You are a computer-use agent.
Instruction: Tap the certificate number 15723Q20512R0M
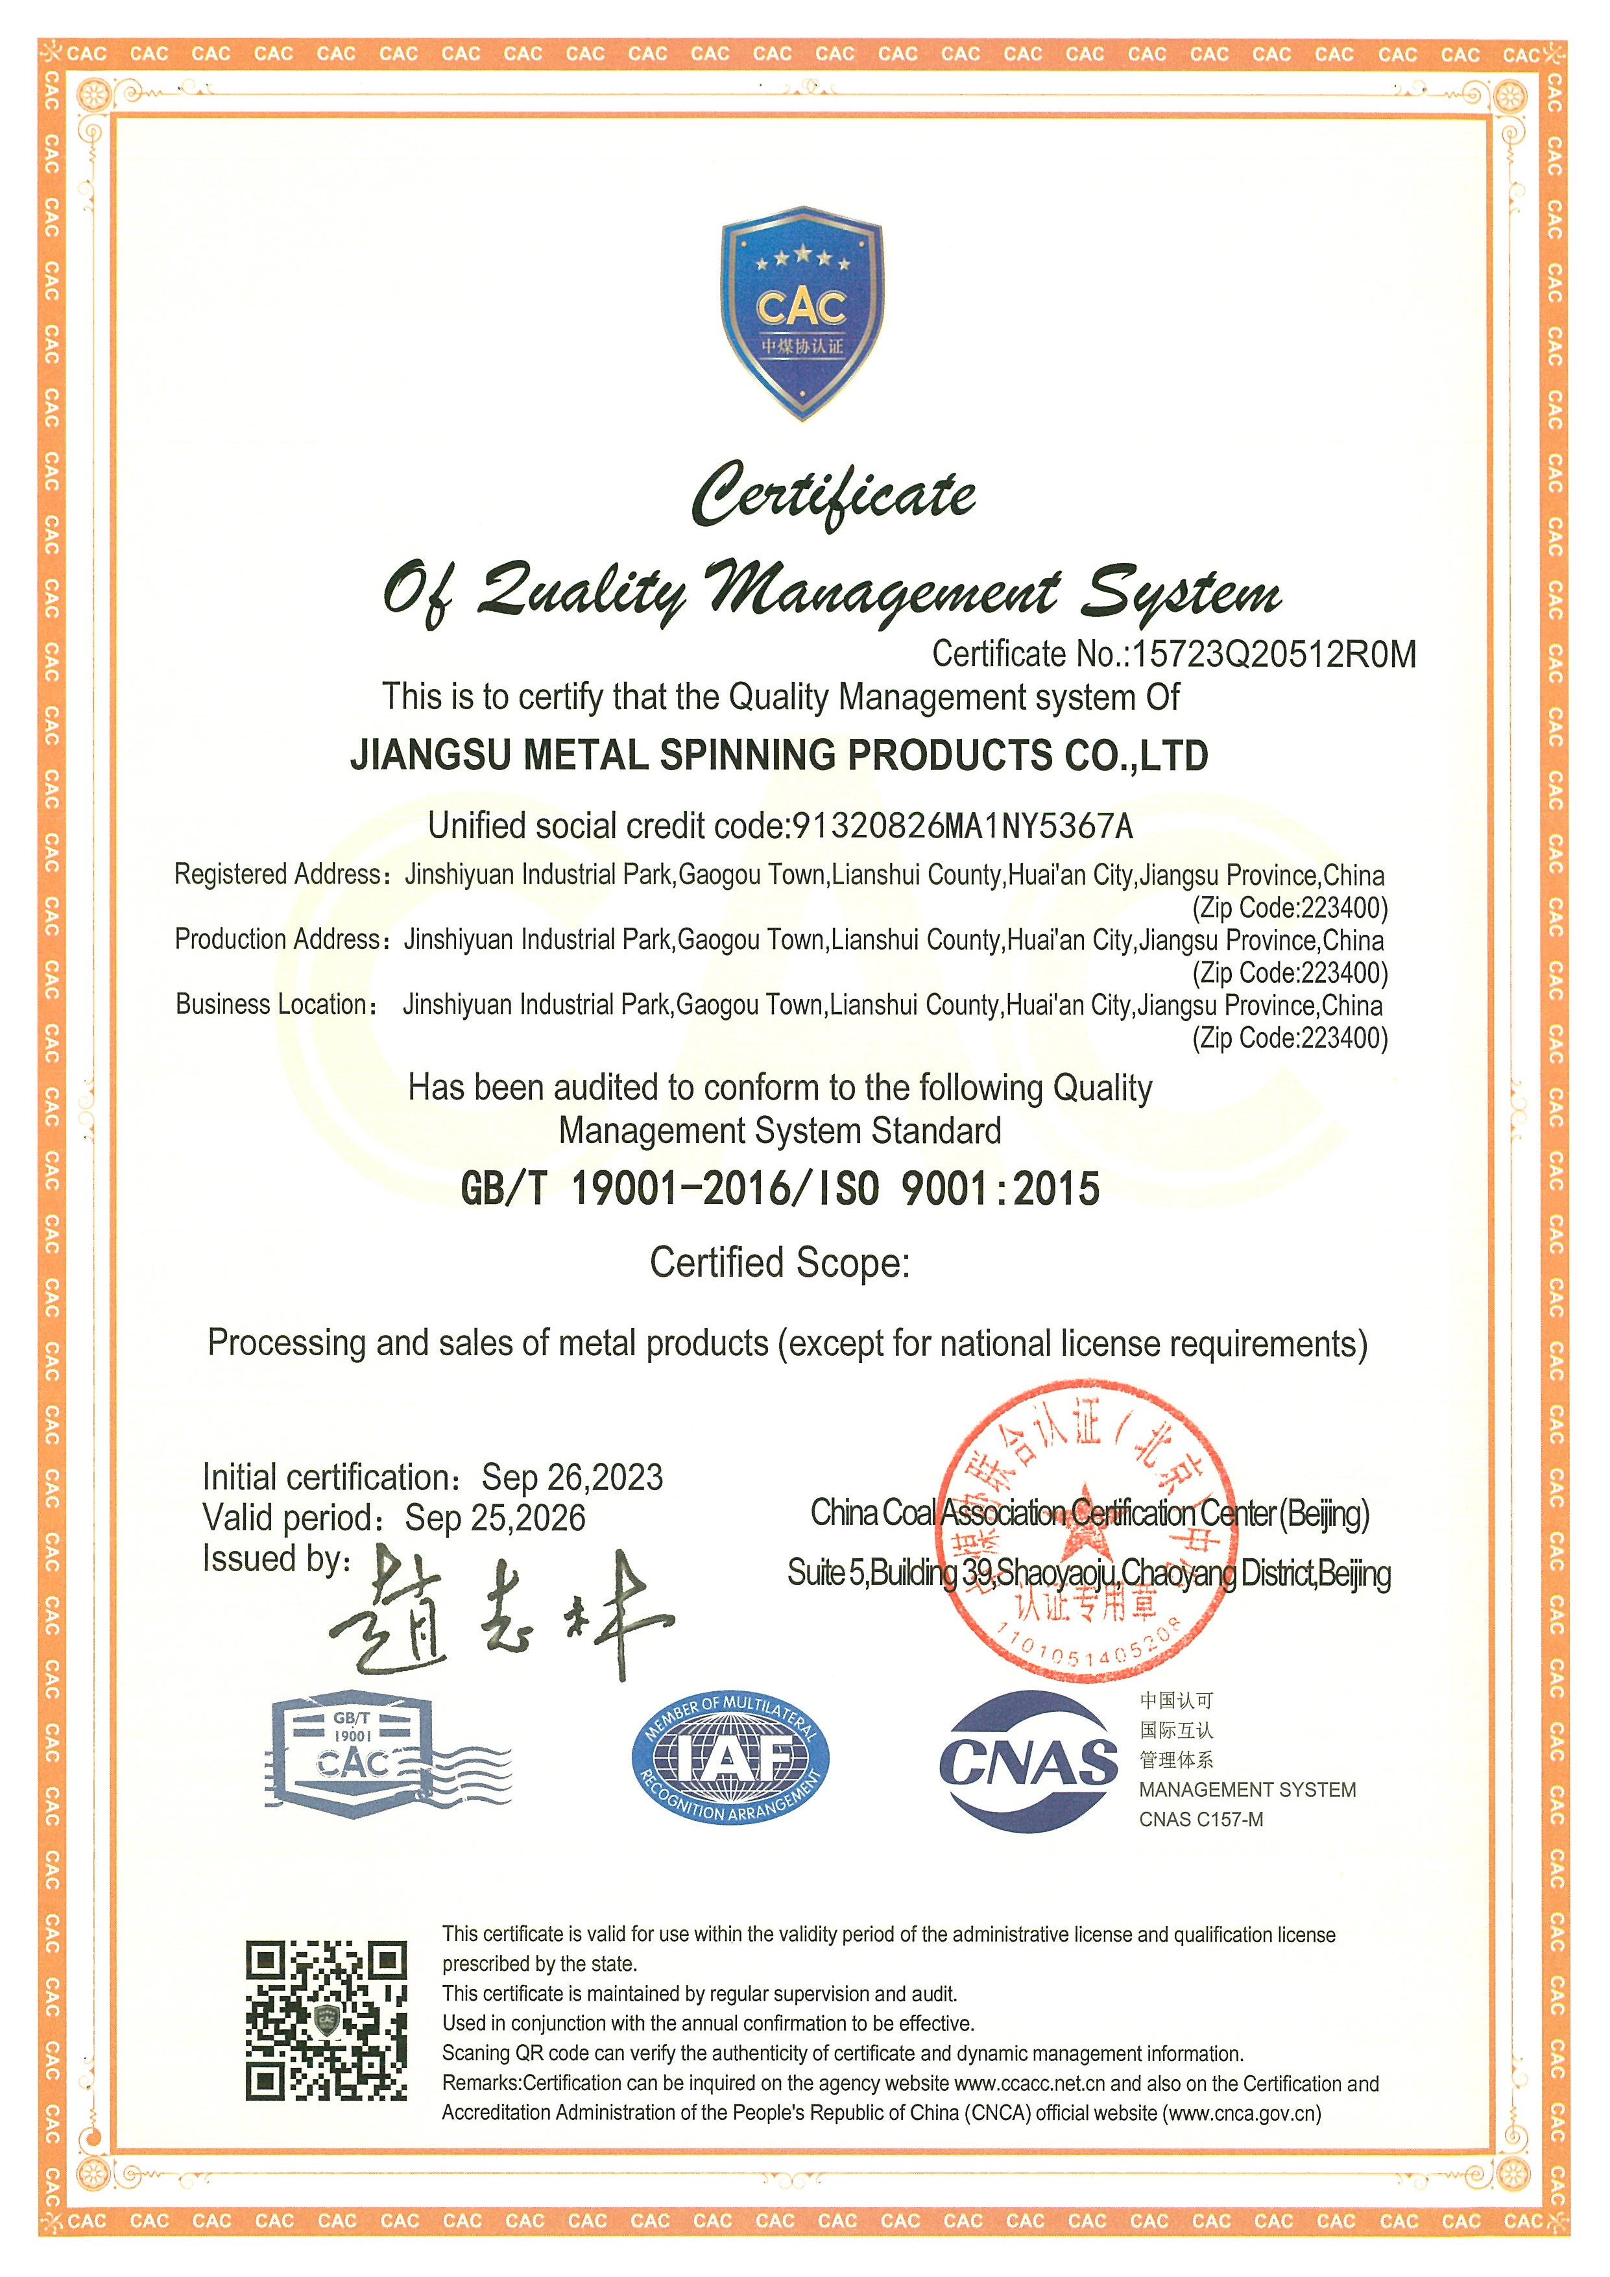1274,655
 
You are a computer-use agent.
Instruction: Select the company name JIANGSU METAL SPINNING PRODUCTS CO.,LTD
779,756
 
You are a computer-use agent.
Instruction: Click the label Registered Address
278,874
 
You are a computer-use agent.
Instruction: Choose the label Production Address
278,939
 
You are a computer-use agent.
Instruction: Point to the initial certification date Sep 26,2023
572,1478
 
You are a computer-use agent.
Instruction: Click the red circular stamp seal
1087,1537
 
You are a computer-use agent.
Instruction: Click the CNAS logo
1028,1761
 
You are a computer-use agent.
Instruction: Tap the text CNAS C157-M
1201,1820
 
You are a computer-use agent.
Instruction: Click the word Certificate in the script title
833,495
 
